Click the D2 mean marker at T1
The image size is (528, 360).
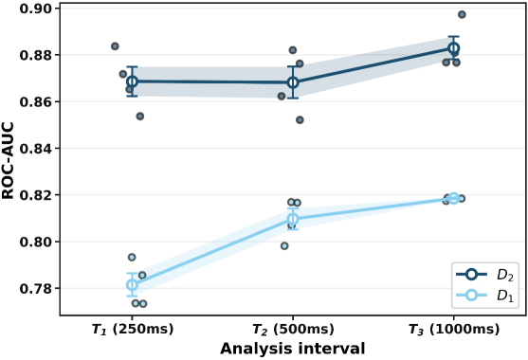click(132, 81)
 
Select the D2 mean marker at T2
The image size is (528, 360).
click(293, 82)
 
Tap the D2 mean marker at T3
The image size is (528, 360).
click(453, 48)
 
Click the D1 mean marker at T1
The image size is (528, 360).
click(132, 285)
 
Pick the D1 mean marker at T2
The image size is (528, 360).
click(293, 219)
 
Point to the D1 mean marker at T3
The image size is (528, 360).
click(453, 199)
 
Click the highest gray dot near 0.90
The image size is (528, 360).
click(462, 14)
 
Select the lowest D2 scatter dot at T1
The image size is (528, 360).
click(140, 117)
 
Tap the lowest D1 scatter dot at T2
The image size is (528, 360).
click(284, 246)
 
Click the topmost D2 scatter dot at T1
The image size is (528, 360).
click(115, 46)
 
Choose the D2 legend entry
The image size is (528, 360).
click(485, 275)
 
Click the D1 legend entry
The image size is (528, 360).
click(485, 296)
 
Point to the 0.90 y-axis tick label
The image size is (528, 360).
click(35, 9)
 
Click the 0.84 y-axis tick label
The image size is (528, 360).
click(35, 149)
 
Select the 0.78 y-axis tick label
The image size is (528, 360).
click(35, 289)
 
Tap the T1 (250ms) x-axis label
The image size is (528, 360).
click(133, 329)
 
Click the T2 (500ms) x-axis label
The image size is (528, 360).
click(293, 329)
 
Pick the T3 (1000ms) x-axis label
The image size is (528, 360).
click(453, 329)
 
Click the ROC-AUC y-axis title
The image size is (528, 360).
click(8, 160)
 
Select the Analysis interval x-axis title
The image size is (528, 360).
click(293, 349)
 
